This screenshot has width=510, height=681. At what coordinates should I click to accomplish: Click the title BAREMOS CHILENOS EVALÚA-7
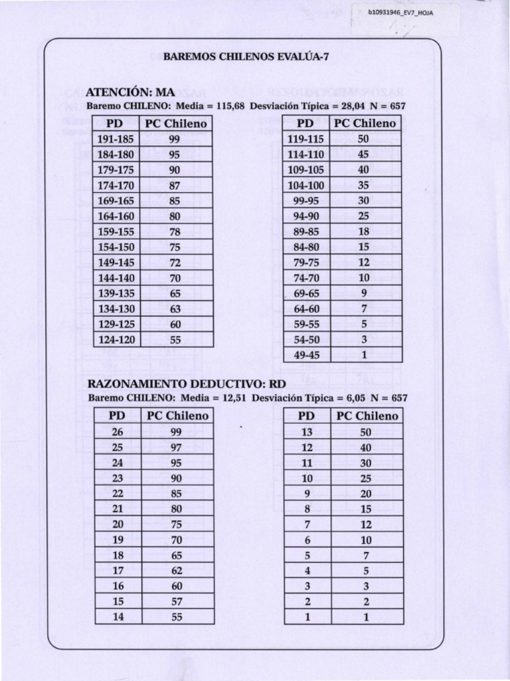pos(246,57)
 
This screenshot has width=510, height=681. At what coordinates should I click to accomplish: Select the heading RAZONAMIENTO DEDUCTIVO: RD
pos(177,384)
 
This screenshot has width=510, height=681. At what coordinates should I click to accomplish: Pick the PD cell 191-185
pos(116,139)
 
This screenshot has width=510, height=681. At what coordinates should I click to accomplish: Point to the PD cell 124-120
pos(116,339)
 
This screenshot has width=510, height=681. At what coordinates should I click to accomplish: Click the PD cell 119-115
pos(305,139)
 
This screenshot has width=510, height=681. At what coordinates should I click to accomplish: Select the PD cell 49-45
pos(305,355)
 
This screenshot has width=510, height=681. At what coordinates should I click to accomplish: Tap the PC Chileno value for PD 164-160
pos(175,216)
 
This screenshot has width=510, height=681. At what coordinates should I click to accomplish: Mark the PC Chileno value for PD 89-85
pos(363,231)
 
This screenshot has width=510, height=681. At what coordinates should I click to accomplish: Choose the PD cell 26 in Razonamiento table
pos(118,432)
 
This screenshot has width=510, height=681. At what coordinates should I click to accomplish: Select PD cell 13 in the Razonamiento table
pos(307,432)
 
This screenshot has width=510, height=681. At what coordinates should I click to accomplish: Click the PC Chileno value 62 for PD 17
pos(176,570)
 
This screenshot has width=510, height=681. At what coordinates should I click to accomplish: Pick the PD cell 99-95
pos(305,201)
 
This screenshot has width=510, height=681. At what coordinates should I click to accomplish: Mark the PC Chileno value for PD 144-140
pos(175,278)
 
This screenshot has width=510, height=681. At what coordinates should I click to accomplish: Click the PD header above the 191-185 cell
pos(116,124)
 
